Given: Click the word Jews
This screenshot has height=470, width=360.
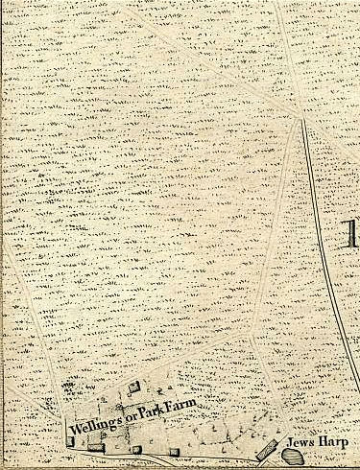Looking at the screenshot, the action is tap(302, 443).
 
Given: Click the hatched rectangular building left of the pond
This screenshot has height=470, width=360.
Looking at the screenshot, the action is tap(266, 449).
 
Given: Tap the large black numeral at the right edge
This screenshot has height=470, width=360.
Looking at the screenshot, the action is tap(351, 236).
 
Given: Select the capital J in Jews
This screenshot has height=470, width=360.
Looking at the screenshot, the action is tap(291, 443).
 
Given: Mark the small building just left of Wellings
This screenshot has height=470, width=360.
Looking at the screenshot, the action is tap(69, 442).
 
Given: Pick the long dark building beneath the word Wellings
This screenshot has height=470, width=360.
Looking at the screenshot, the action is tap(95, 445).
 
